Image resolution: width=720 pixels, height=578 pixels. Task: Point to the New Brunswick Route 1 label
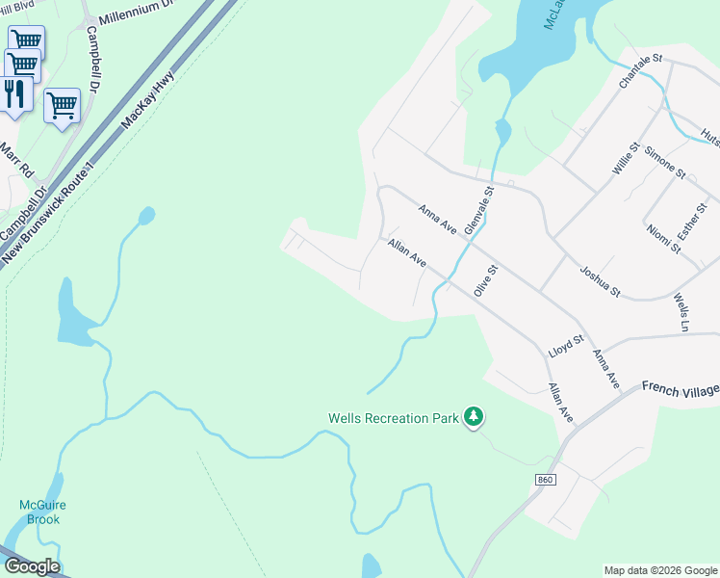[x=50, y=211]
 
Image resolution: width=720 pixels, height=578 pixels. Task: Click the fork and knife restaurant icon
[x=13, y=93]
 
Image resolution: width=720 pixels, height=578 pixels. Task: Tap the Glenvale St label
[x=478, y=210]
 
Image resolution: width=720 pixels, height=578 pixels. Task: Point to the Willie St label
[x=626, y=159]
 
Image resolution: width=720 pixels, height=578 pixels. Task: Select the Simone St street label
[x=665, y=162]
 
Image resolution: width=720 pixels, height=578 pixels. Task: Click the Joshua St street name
[x=601, y=280]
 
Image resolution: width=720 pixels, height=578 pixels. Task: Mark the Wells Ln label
[x=682, y=308]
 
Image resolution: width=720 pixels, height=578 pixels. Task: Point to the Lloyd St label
[x=566, y=345]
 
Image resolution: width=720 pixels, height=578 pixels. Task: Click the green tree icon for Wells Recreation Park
[x=473, y=417]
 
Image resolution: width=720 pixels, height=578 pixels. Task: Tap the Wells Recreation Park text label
[x=392, y=418]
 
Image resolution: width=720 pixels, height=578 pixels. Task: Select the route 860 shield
[x=547, y=479]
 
